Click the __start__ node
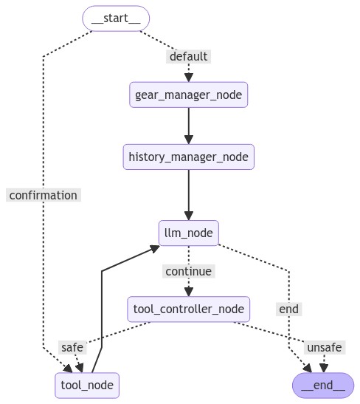116,18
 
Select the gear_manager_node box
188,95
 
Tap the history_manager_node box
188,157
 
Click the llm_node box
188,233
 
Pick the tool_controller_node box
188,308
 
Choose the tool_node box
87,385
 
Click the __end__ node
323,385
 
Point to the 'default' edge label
189,57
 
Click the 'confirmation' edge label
44,195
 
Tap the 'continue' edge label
188,271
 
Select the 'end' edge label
289,309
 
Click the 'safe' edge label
72,347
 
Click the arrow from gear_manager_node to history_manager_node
188,126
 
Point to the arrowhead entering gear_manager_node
188,78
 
